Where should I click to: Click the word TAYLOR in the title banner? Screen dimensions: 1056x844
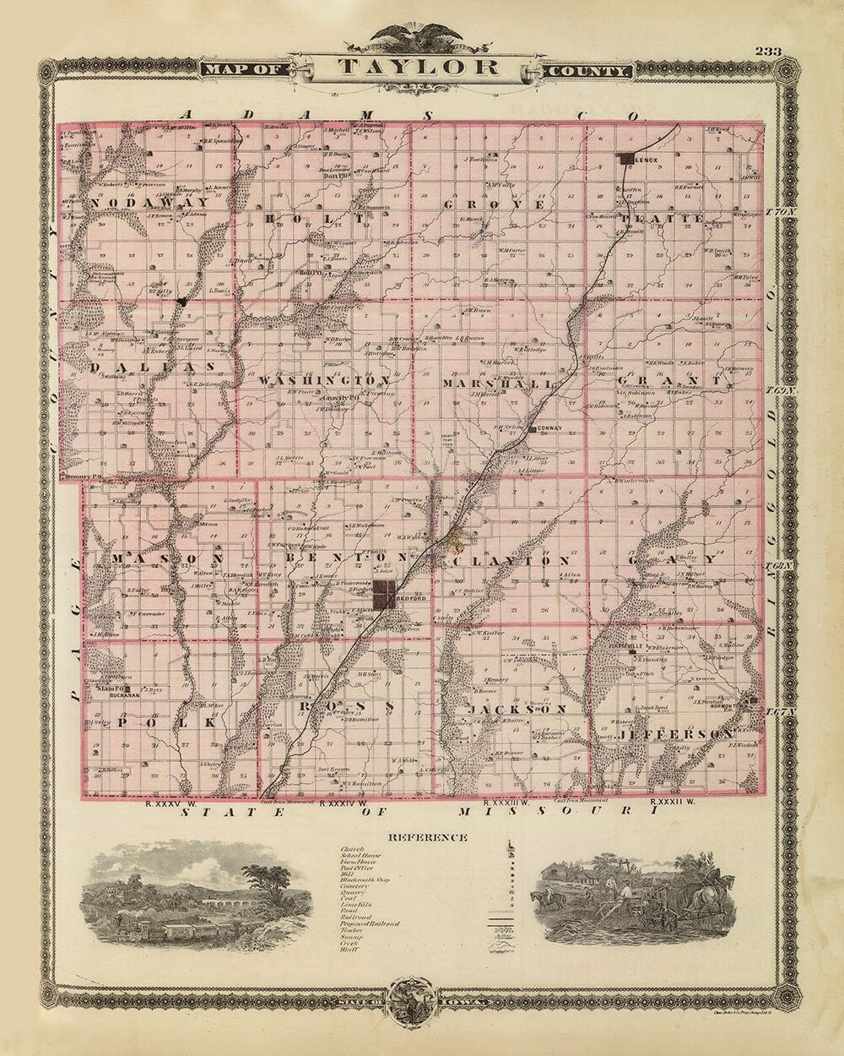click(x=419, y=68)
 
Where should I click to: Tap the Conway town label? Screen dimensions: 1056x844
click(x=549, y=429)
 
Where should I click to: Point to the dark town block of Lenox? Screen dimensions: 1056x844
click(x=625, y=157)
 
